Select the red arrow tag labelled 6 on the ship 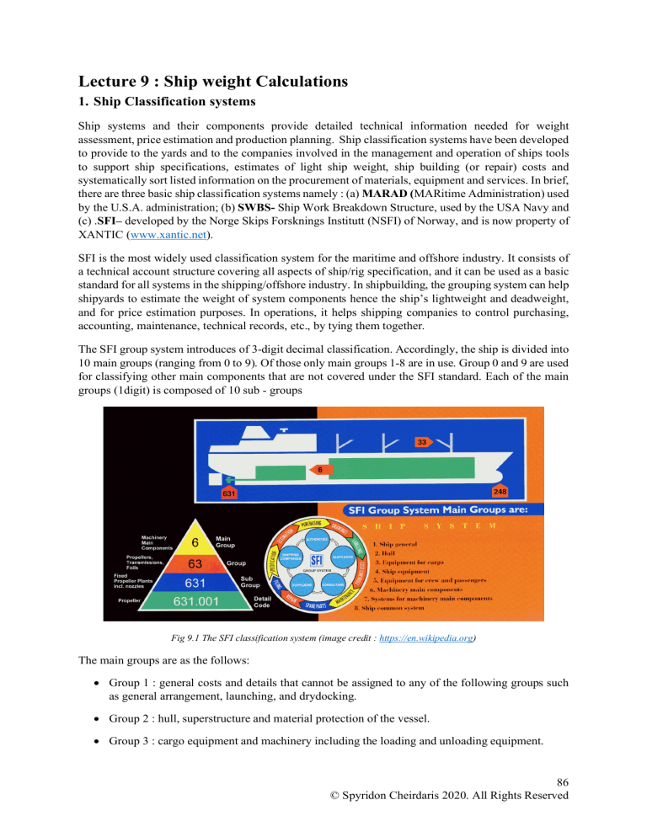pos(320,469)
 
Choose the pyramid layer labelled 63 pos(195,563)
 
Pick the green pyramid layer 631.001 pos(195,602)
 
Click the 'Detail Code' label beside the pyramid pos(268,603)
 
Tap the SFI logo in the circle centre pos(317,559)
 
